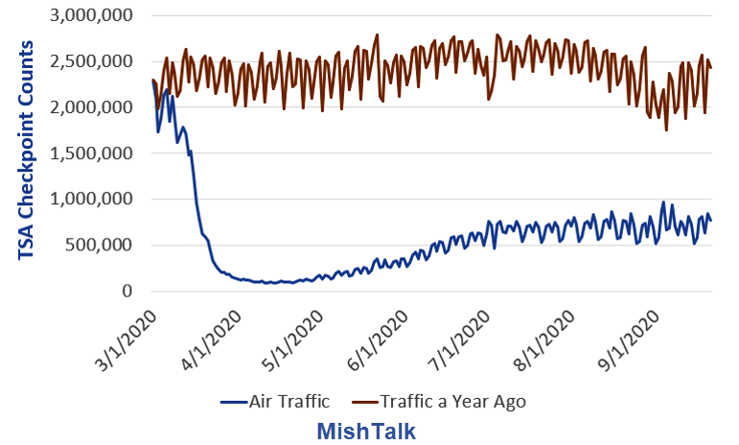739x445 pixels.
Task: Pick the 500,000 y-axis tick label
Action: pos(99,245)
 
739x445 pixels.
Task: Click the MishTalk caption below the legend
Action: pos(366,431)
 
